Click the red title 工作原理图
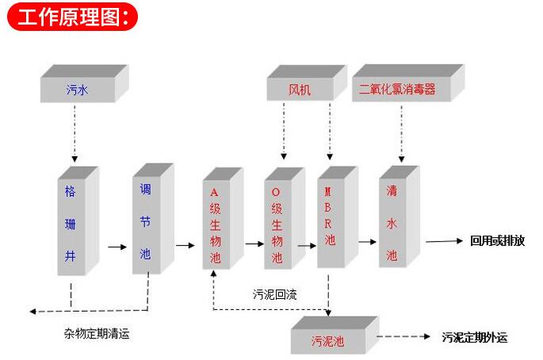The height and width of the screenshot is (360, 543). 71,17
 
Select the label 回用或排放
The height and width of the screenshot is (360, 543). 497,241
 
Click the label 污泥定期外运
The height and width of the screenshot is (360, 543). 476,338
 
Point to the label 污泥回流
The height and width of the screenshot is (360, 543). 274,294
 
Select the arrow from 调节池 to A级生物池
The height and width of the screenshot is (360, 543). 185,245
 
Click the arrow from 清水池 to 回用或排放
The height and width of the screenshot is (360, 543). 444,241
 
